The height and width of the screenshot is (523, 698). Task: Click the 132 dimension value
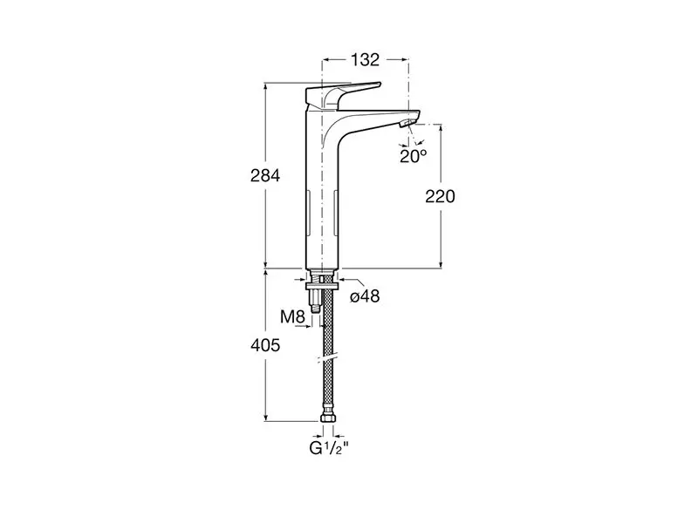[365, 59]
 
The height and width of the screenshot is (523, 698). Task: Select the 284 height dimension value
[265, 176]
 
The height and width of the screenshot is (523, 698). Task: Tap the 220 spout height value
[441, 196]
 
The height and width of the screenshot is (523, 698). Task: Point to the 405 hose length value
[265, 345]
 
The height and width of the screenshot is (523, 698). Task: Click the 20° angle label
[413, 156]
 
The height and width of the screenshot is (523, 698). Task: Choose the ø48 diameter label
[365, 296]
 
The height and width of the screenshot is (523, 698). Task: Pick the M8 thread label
[292, 317]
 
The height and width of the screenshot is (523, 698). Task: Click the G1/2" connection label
[329, 448]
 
